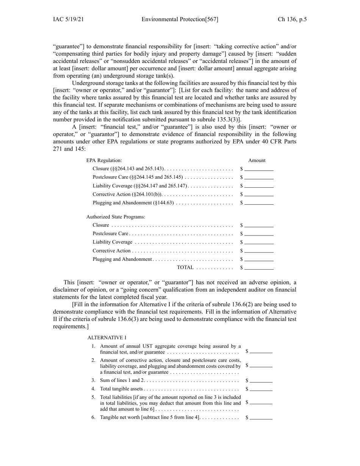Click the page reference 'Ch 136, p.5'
[x=292, y=19]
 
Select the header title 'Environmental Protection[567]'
[x=180, y=19]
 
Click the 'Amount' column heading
[x=257, y=160]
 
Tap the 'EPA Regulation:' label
[x=104, y=160]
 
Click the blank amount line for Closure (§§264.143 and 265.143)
[x=259, y=169]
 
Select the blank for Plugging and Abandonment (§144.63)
[x=259, y=203]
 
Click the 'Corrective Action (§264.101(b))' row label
[x=127, y=195]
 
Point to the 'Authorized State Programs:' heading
[x=116, y=217]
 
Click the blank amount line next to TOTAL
[x=259, y=268]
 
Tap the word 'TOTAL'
[x=185, y=268]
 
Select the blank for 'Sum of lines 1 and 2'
[x=261, y=381]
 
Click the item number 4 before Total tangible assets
[x=94, y=389]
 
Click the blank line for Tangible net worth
[x=261, y=418]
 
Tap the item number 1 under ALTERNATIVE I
[x=94, y=346]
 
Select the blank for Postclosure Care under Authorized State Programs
[x=259, y=234]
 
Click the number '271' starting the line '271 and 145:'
[x=58, y=149]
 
